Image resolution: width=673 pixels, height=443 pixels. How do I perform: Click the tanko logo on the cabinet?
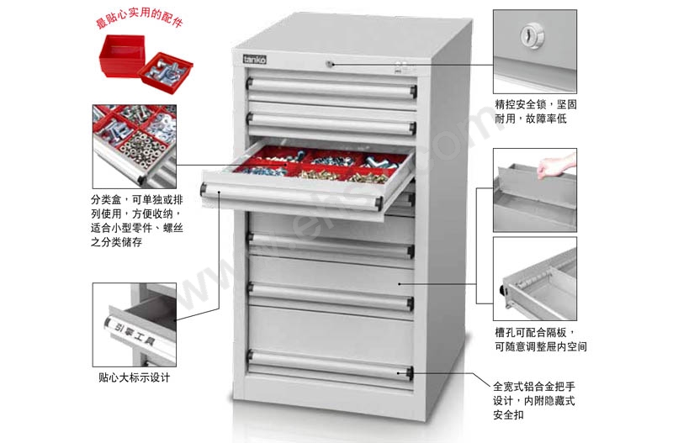[255, 59]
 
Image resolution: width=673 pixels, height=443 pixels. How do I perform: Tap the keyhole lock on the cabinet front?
[329, 65]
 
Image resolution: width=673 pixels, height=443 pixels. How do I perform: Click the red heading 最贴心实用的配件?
[139, 18]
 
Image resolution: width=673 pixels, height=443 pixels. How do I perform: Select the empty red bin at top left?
[121, 55]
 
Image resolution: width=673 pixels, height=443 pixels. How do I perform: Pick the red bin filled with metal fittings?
[166, 72]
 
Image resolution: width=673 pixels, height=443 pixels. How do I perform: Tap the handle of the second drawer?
[331, 123]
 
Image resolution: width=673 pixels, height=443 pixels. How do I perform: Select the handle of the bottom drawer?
[330, 365]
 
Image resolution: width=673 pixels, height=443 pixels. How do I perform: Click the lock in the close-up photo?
[533, 35]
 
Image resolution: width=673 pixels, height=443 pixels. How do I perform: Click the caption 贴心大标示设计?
[134, 377]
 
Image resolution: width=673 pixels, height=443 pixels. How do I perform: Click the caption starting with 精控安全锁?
[536, 112]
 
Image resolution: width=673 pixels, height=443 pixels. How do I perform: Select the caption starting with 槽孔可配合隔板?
[540, 340]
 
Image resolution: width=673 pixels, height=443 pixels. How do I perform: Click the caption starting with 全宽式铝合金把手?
[534, 400]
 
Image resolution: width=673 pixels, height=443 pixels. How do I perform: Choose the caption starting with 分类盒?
[137, 221]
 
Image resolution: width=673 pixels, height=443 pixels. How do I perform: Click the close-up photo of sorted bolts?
[135, 146]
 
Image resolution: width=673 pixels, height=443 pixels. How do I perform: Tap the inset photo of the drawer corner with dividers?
[535, 279]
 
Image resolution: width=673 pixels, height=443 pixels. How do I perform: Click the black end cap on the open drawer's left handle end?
[204, 188]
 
